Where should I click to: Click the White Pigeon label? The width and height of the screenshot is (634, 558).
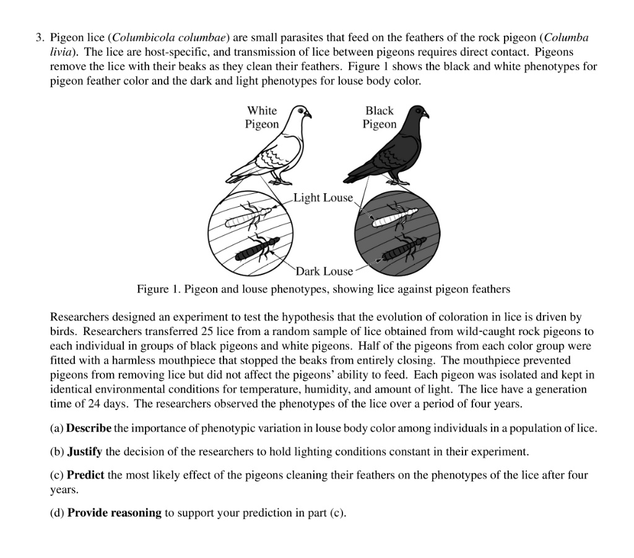[261, 117]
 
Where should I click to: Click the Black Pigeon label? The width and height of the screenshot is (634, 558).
[379, 117]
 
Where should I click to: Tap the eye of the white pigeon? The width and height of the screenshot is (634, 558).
[302, 111]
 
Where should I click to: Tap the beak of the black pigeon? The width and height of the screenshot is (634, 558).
[427, 115]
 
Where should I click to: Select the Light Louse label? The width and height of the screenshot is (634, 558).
[323, 198]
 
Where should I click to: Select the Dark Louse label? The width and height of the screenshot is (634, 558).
[324, 271]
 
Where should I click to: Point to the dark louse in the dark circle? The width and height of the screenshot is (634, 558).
[405, 248]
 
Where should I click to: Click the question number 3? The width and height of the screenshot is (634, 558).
[38, 38]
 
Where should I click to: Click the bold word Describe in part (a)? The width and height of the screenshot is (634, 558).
[89, 429]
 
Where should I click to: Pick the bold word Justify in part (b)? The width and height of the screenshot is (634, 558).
[85, 451]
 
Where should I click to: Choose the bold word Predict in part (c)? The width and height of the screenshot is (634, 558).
[85, 476]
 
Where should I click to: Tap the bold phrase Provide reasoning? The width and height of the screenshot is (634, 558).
[114, 513]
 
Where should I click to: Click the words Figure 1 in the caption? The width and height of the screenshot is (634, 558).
[157, 289]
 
